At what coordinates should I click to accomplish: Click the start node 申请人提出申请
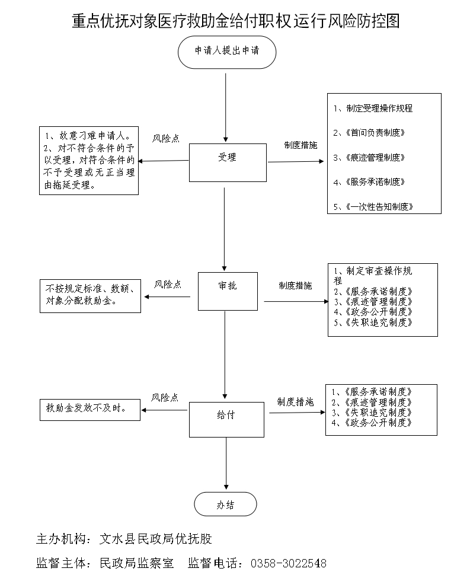[226, 51]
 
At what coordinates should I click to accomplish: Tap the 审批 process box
[228, 291]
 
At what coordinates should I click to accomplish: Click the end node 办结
[226, 505]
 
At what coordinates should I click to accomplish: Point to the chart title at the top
[235, 21]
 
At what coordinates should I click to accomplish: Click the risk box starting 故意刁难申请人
[89, 161]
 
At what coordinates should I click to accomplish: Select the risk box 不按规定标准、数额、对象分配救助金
[91, 295]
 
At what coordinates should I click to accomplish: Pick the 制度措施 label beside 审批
[295, 286]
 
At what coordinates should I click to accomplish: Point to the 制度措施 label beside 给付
[295, 401]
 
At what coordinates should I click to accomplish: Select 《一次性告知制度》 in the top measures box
[375, 207]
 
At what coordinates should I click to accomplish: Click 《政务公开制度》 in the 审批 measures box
[376, 312]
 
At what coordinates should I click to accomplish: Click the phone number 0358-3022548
[289, 563]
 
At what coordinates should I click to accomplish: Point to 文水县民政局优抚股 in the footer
[156, 539]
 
